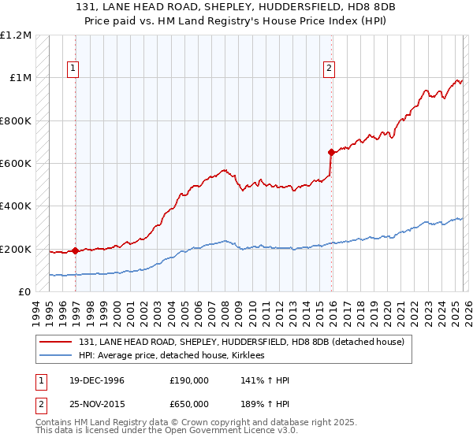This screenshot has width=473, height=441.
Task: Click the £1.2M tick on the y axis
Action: pos(17,35)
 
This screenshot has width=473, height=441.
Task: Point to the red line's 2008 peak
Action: pos(225,169)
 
